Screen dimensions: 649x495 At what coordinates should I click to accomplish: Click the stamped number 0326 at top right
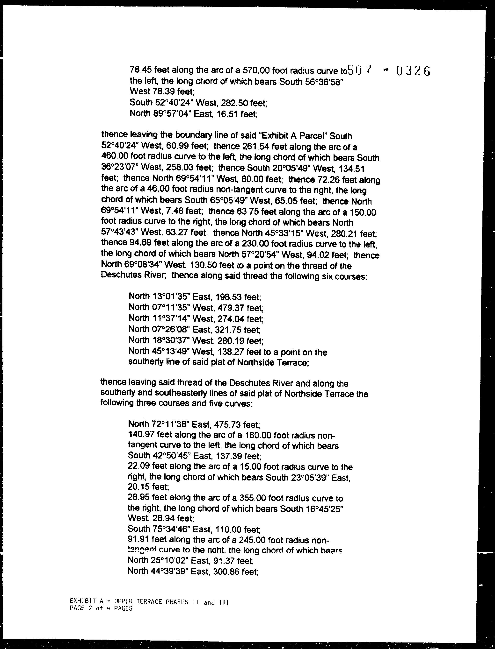413,71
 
